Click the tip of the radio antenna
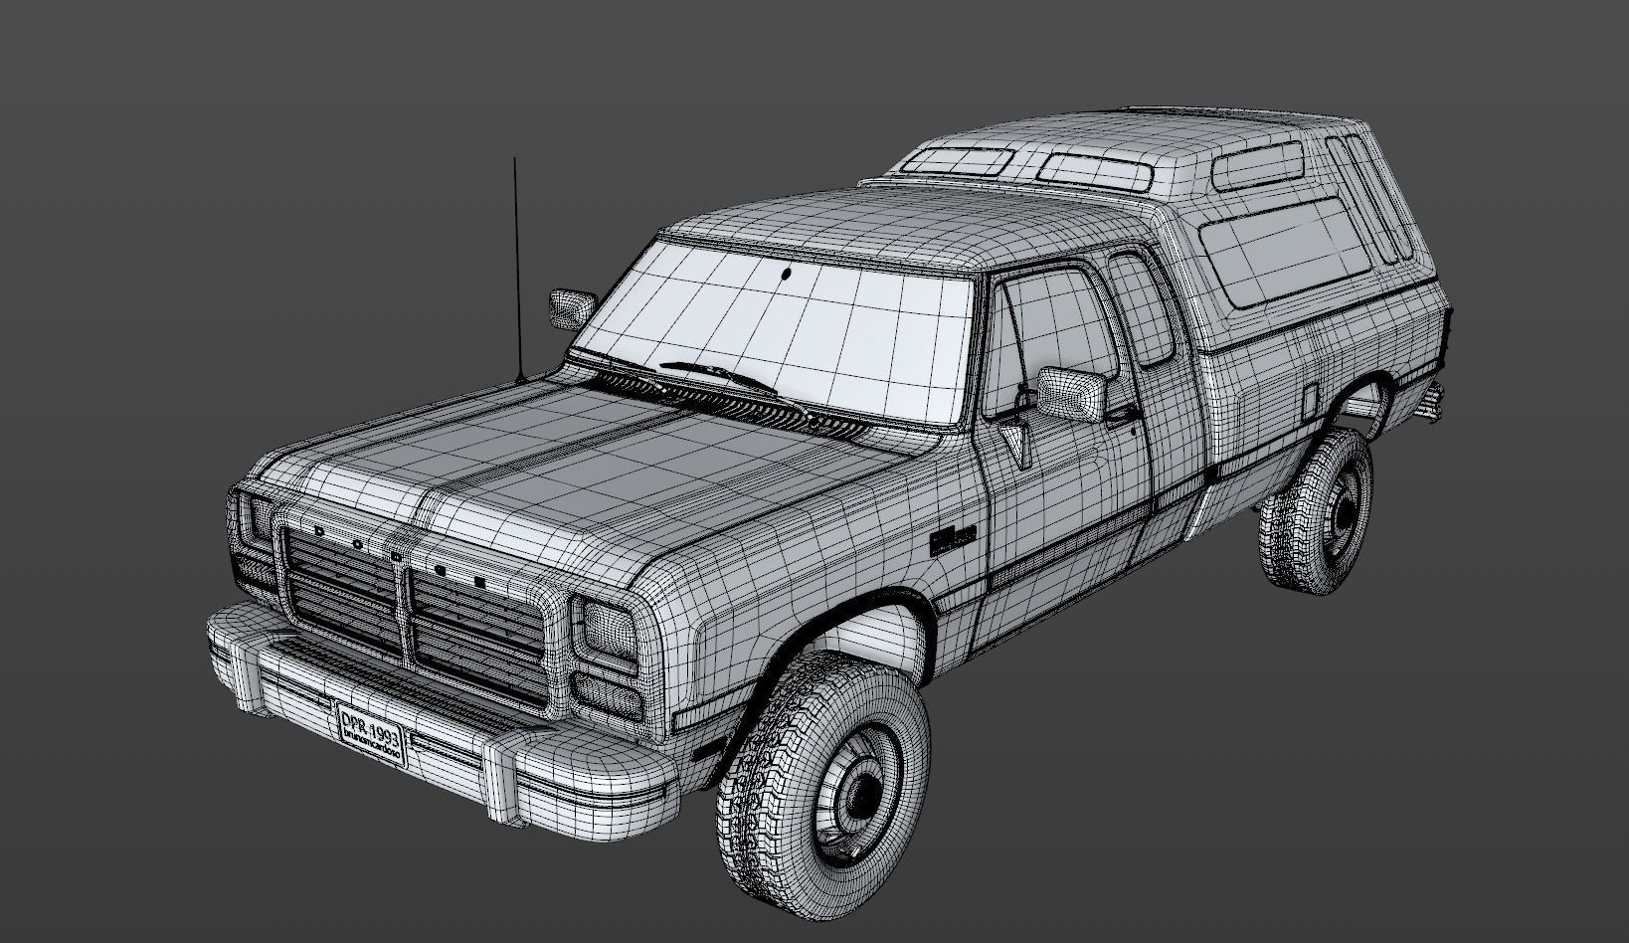pos(514,160)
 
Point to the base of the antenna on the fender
pos(520,379)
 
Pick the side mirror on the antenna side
pos(572,307)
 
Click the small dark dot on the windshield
pos(787,275)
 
